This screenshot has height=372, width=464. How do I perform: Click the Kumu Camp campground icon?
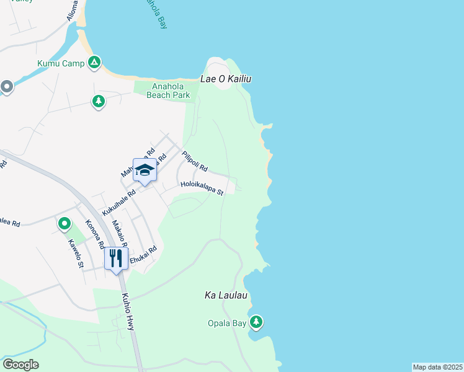pos(94,63)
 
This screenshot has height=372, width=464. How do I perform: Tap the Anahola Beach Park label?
pos(168,91)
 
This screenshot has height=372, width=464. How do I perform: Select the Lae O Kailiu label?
pos(226,79)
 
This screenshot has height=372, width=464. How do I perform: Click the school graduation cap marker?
pos(145,171)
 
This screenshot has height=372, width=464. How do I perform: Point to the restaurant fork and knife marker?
pos(116,257)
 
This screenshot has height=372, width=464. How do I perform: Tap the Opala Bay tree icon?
pos(256,322)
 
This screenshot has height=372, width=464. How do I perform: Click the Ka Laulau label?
pos(226,296)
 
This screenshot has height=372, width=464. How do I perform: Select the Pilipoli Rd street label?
pos(194,162)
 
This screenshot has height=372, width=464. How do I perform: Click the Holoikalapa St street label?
pos(202,188)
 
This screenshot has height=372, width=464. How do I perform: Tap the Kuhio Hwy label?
pos(128,311)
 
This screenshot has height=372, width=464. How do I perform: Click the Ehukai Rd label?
pos(143,256)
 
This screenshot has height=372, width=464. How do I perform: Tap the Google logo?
pos(20,365)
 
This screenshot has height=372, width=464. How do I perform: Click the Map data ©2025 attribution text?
pos(437,367)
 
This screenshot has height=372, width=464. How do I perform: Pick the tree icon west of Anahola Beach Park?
pos(98,102)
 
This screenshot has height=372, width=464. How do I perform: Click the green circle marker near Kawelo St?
pos(64,223)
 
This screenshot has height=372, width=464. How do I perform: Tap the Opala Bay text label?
pos(226,323)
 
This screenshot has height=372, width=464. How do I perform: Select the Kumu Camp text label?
pos(60,63)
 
